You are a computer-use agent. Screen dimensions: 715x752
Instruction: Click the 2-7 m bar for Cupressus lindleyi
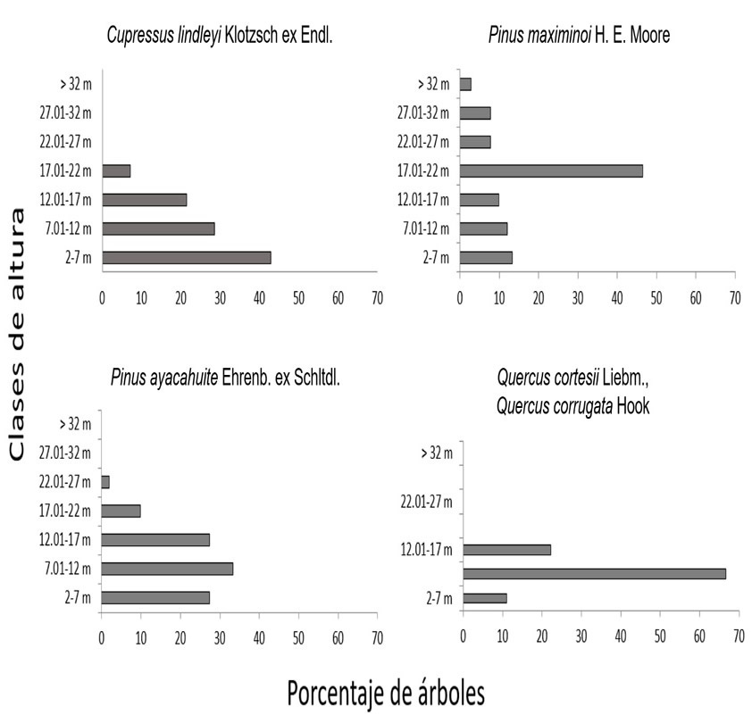pos(187,257)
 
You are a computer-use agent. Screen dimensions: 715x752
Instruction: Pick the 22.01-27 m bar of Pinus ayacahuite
pos(105,482)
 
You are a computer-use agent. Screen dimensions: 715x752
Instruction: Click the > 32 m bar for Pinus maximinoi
pos(465,84)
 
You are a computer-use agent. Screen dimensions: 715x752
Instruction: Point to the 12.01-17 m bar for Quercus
pos(506,550)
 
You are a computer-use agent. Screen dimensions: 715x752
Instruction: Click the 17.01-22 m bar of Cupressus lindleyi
pos(116,170)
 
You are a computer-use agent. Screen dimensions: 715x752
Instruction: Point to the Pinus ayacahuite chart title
pos(226,378)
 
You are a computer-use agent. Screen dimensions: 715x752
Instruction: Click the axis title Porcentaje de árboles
pos(387,691)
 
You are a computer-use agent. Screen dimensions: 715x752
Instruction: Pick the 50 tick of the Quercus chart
pos(660,635)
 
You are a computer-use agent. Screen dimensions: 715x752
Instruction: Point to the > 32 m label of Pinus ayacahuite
pos(74,424)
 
